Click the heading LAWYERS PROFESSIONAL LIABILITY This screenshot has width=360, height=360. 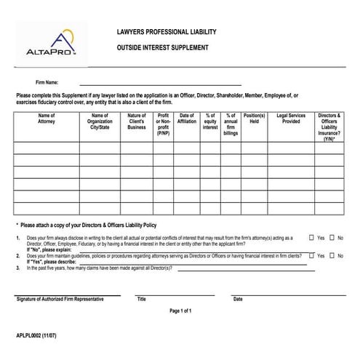point(166,33)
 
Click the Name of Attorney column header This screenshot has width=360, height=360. point(46,118)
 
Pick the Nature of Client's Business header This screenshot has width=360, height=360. point(137,121)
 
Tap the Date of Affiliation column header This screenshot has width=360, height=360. point(187,118)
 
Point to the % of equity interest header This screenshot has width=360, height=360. point(210,121)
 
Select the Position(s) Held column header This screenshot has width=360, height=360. point(254,118)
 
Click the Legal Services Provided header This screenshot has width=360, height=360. point(291,118)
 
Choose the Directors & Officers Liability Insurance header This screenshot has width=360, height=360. point(329,126)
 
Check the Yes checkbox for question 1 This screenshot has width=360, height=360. point(311,238)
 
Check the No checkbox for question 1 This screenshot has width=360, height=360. point(332,238)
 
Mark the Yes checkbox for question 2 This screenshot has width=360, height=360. point(311,255)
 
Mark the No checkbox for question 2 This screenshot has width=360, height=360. point(332,255)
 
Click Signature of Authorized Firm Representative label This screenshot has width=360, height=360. point(60,299)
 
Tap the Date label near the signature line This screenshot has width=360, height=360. point(238,299)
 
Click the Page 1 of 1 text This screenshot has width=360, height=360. point(180,311)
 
